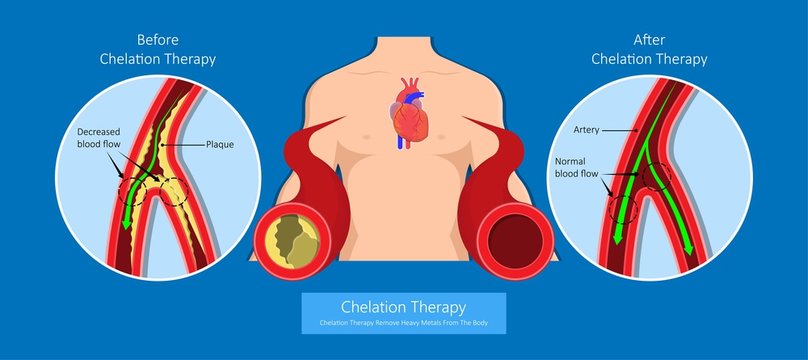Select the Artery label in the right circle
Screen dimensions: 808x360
[586, 129]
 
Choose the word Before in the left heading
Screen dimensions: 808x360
[158, 41]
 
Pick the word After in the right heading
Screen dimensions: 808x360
[649, 40]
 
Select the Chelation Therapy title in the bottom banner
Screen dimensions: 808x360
[404, 307]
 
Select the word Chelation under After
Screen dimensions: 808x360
[621, 59]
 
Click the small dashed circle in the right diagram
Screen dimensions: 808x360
[623, 208]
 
